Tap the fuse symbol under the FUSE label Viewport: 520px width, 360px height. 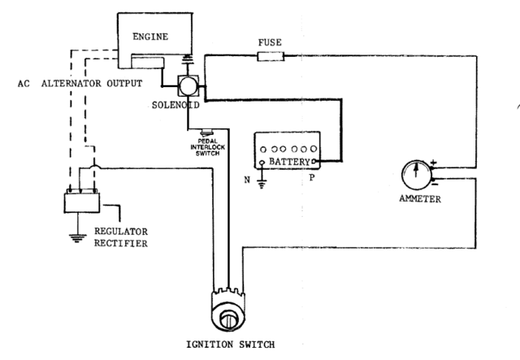click(269, 56)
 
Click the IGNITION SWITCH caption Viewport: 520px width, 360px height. click(229, 344)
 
